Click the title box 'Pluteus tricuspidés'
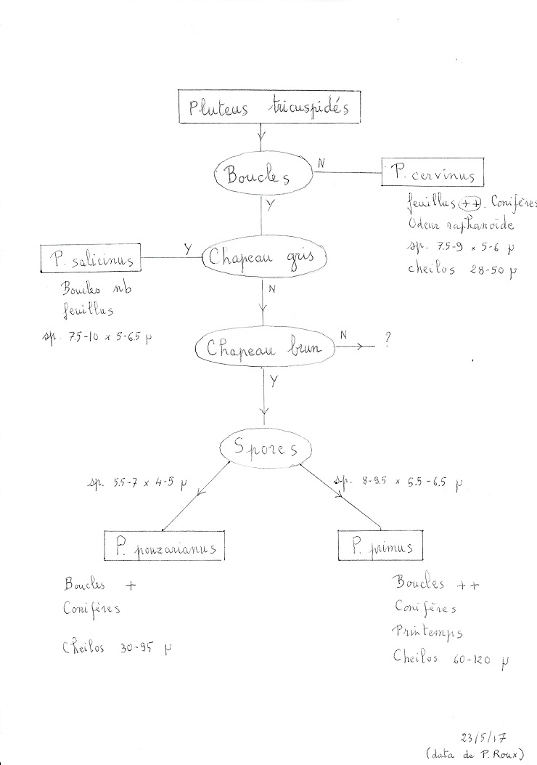tap(259, 108)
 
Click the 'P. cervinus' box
tap(432, 174)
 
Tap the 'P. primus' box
tap(380, 546)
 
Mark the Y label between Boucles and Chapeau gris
tap(271, 206)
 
